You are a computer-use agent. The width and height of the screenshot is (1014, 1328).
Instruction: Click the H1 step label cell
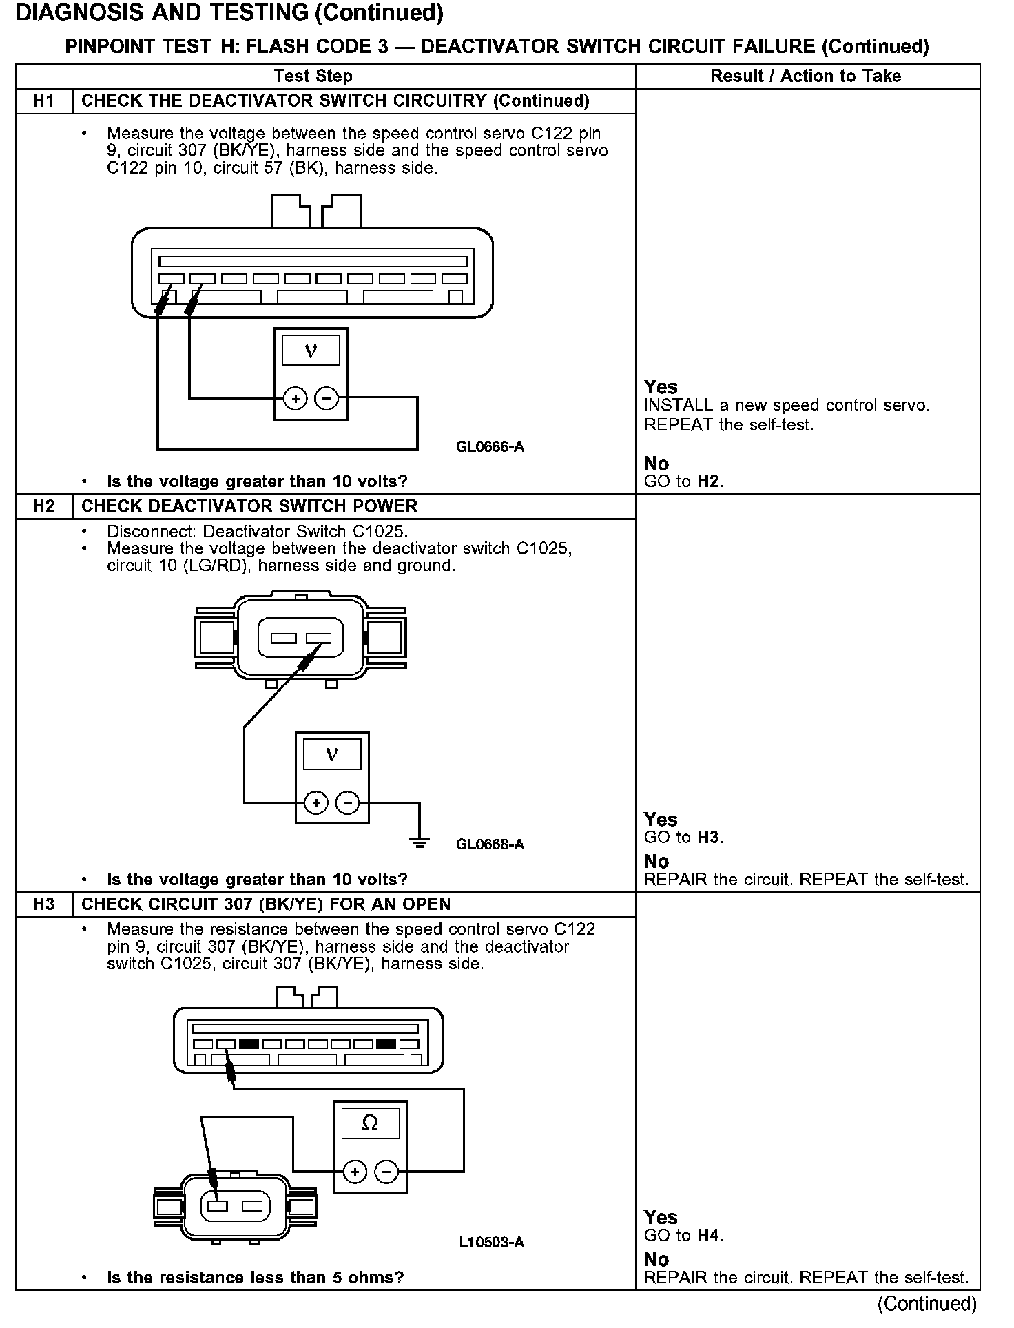[43, 101]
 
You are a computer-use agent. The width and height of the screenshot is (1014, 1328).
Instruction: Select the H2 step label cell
[43, 506]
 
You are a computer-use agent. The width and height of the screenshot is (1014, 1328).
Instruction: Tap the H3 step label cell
[43, 904]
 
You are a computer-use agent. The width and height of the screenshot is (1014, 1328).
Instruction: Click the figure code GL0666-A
[490, 447]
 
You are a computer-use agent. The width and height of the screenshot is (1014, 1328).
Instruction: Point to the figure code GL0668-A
[490, 844]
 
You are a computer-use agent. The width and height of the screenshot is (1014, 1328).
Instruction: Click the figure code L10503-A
[491, 1243]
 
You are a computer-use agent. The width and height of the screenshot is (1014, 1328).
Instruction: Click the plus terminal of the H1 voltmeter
[296, 398]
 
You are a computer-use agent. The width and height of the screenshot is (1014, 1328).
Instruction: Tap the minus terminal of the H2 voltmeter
[347, 803]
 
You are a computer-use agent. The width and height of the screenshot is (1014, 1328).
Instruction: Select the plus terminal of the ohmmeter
[354, 1172]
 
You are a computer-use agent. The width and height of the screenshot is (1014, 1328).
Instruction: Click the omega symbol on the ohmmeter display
[370, 1123]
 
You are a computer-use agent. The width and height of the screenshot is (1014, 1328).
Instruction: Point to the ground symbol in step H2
[419, 841]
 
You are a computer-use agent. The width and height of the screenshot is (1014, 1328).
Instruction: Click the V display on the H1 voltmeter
[311, 351]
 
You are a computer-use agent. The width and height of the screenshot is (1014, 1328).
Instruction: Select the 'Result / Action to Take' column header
[806, 76]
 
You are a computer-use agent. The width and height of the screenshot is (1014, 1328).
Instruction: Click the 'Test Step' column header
[313, 76]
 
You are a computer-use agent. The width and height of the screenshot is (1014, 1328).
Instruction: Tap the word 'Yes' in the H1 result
[661, 387]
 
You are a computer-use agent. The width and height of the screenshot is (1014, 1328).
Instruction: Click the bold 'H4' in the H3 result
[709, 1236]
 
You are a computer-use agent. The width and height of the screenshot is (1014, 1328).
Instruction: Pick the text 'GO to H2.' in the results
[683, 481]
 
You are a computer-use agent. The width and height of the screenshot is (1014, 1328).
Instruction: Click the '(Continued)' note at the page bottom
[927, 1304]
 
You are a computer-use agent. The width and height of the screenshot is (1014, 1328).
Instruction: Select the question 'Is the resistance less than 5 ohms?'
[256, 1278]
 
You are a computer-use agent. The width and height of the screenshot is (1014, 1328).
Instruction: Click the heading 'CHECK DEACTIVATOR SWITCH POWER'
[249, 506]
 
